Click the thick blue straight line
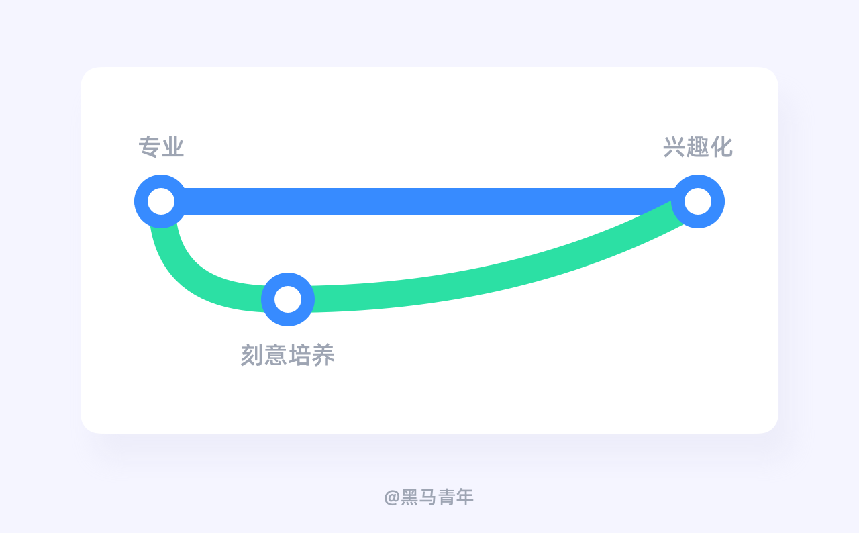coord(429,201)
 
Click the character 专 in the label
coord(150,147)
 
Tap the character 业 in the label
coord(173,147)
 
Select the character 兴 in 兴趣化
coord(674,147)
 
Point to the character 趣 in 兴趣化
coord(698,147)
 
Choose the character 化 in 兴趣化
coord(721,147)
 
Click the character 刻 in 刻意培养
coord(252,355)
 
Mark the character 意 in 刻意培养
coord(276,355)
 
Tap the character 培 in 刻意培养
coord(299,355)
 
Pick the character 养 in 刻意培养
coord(323,355)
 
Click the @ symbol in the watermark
coord(392,497)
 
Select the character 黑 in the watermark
coord(409,497)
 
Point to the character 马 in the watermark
coord(427,497)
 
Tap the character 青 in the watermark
coord(446,497)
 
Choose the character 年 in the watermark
coord(464,497)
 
